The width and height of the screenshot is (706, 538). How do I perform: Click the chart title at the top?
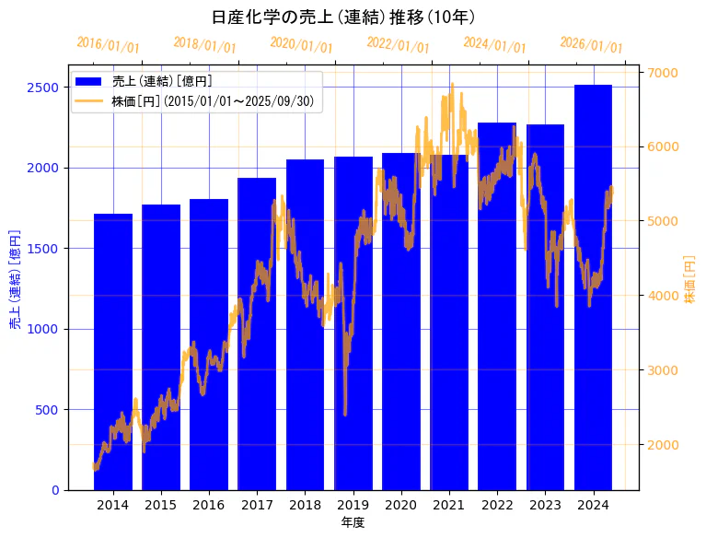[x=342, y=18]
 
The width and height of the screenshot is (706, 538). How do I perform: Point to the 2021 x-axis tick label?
[x=449, y=505]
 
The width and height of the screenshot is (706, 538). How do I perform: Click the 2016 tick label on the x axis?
[x=209, y=505]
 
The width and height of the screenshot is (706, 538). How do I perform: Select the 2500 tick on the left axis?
[x=42, y=88]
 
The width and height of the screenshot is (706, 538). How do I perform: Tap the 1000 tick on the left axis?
[x=42, y=329]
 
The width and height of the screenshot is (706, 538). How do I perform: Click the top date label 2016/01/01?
[x=109, y=44]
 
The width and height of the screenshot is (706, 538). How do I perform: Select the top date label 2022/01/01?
[x=398, y=44]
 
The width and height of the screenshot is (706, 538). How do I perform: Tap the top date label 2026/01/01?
[x=591, y=44]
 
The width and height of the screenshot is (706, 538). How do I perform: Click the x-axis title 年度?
[x=353, y=522]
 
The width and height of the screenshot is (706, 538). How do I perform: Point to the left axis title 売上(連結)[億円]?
[x=15, y=277]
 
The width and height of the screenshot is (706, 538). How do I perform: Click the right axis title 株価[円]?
[x=690, y=279]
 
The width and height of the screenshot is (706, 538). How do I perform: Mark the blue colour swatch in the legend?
[x=90, y=82]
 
